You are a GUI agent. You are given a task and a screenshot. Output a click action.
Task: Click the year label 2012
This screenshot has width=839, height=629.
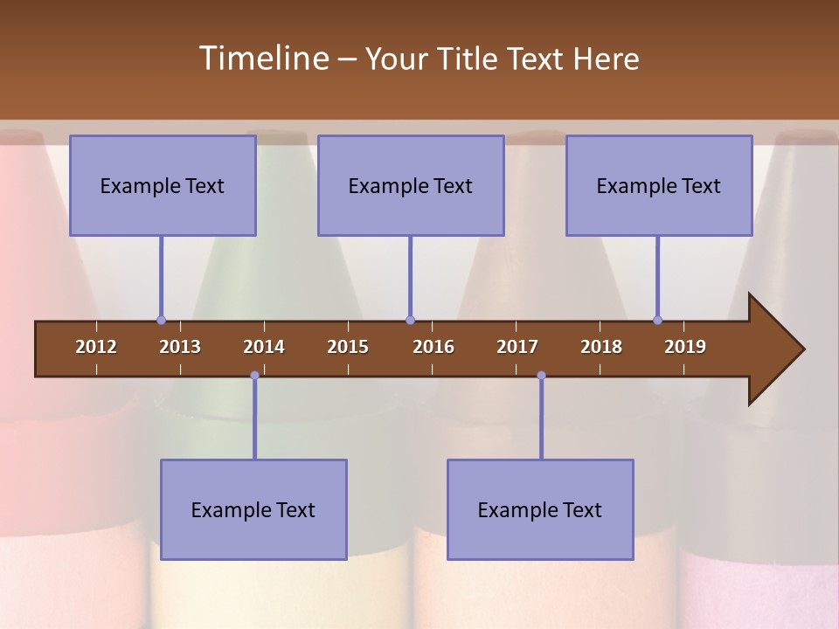point(96,347)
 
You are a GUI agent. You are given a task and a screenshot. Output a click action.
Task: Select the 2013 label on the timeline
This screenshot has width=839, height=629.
point(180,347)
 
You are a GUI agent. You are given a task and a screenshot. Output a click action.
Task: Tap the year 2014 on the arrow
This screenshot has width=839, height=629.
point(264,347)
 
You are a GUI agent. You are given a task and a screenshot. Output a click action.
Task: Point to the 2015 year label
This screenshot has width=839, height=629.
point(348,347)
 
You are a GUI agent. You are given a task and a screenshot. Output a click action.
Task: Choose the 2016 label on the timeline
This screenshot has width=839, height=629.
point(433,347)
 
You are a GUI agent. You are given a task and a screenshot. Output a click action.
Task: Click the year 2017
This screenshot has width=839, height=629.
point(517,347)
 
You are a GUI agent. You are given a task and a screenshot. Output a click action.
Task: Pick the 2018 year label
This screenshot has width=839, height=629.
point(601,347)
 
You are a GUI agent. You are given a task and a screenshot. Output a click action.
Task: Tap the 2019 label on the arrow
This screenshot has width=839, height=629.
point(685,347)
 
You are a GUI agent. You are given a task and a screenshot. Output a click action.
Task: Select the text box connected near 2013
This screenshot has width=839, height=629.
point(163,185)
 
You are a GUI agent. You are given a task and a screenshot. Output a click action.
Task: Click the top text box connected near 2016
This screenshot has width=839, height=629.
point(411,185)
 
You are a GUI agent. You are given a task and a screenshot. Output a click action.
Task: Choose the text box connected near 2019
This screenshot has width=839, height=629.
point(659,185)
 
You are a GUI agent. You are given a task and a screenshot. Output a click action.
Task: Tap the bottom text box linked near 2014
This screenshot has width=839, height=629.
point(253,509)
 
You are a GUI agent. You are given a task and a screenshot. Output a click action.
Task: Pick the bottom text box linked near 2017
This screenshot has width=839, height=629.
point(540,509)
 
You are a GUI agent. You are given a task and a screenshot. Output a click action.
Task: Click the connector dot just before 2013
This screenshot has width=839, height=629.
point(161,320)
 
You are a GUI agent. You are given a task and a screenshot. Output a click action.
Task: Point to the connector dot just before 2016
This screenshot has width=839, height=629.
point(410,320)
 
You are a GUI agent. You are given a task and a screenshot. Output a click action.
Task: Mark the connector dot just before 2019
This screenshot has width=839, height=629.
point(657,320)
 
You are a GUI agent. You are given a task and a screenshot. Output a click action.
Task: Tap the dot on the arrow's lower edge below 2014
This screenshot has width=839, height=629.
point(254,376)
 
